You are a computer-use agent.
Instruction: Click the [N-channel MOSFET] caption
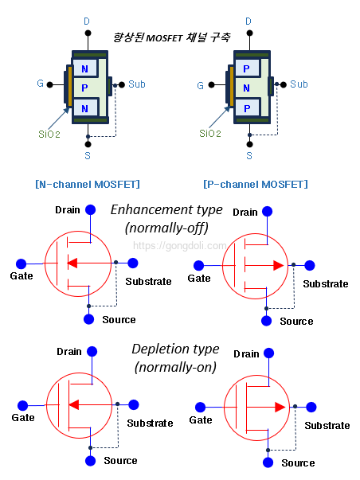[88, 185]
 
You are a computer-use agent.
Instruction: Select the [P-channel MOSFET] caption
[255, 185]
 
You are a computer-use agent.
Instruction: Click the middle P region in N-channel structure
[85, 88]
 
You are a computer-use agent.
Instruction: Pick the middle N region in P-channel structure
[247, 88]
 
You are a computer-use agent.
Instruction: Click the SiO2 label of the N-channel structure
[50, 134]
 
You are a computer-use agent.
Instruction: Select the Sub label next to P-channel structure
[299, 84]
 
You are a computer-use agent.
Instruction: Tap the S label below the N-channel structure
[88, 156]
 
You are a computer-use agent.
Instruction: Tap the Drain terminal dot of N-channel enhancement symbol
[92, 210]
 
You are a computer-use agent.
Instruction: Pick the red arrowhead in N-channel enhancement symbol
[72, 263]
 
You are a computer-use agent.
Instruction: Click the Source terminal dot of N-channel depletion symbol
[91, 460]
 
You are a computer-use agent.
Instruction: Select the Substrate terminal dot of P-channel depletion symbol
[312, 407]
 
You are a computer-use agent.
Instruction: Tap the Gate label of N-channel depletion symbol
[23, 417]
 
